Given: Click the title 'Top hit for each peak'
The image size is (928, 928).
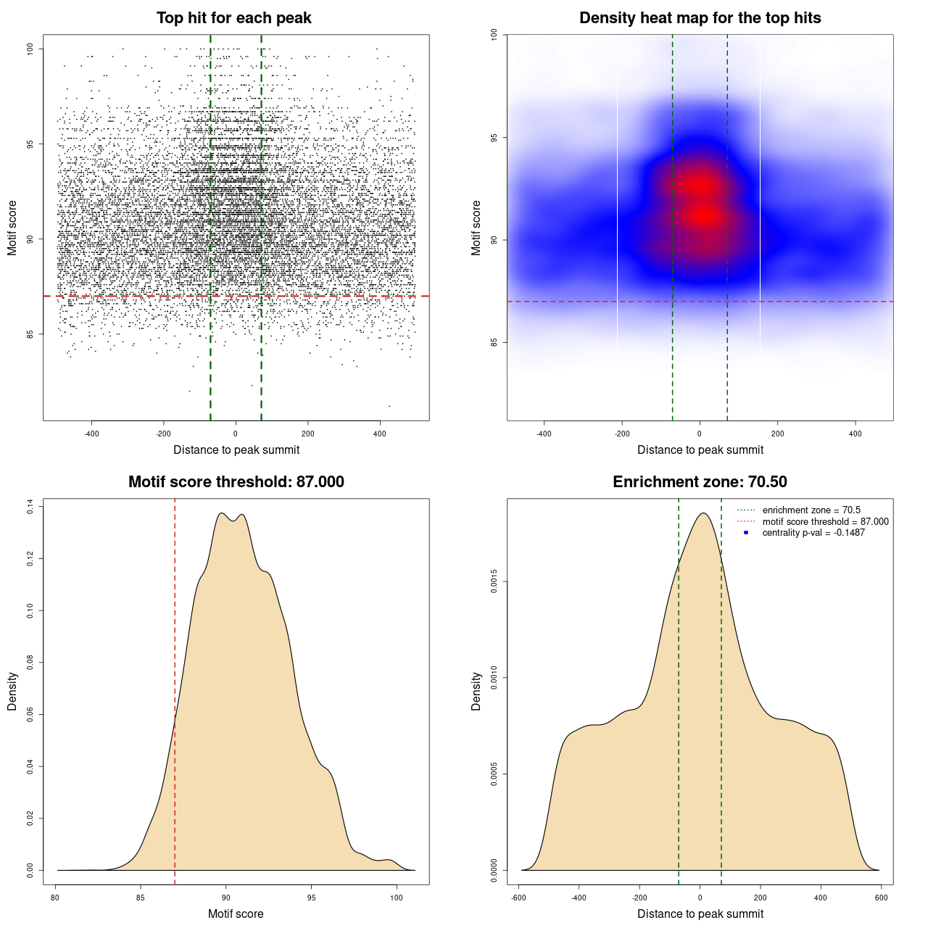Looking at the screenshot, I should pos(233,18).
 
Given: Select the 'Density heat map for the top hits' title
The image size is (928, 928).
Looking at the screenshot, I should pos(700,18).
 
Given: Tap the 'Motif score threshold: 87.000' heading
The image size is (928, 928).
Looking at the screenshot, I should pos(236,482).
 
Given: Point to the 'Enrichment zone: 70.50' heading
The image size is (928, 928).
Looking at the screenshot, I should pos(700,482).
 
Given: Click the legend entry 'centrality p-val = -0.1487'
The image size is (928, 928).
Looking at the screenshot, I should pos(813,533).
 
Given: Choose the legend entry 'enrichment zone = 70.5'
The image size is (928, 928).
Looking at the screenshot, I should pos(811,510).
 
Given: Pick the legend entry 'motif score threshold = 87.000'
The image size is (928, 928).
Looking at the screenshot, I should pos(825,521).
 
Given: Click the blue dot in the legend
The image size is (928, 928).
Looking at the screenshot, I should pos(746,533).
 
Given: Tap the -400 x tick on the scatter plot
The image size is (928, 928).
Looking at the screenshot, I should pos(91,434).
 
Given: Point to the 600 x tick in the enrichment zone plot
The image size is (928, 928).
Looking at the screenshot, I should pos(881,898).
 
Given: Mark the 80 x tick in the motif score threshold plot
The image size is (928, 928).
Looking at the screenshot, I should pos(56,898).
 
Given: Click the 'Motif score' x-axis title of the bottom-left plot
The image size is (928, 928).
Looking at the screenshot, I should pos(236,913).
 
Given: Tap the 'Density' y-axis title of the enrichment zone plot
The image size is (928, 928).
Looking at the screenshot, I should pos(476,691).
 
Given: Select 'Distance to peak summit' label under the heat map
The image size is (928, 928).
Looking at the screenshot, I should pos(700,449).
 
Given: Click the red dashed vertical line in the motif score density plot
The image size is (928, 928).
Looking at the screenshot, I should pos(175,652).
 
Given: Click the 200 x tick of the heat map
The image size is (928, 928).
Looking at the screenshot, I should pos(777,434).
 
